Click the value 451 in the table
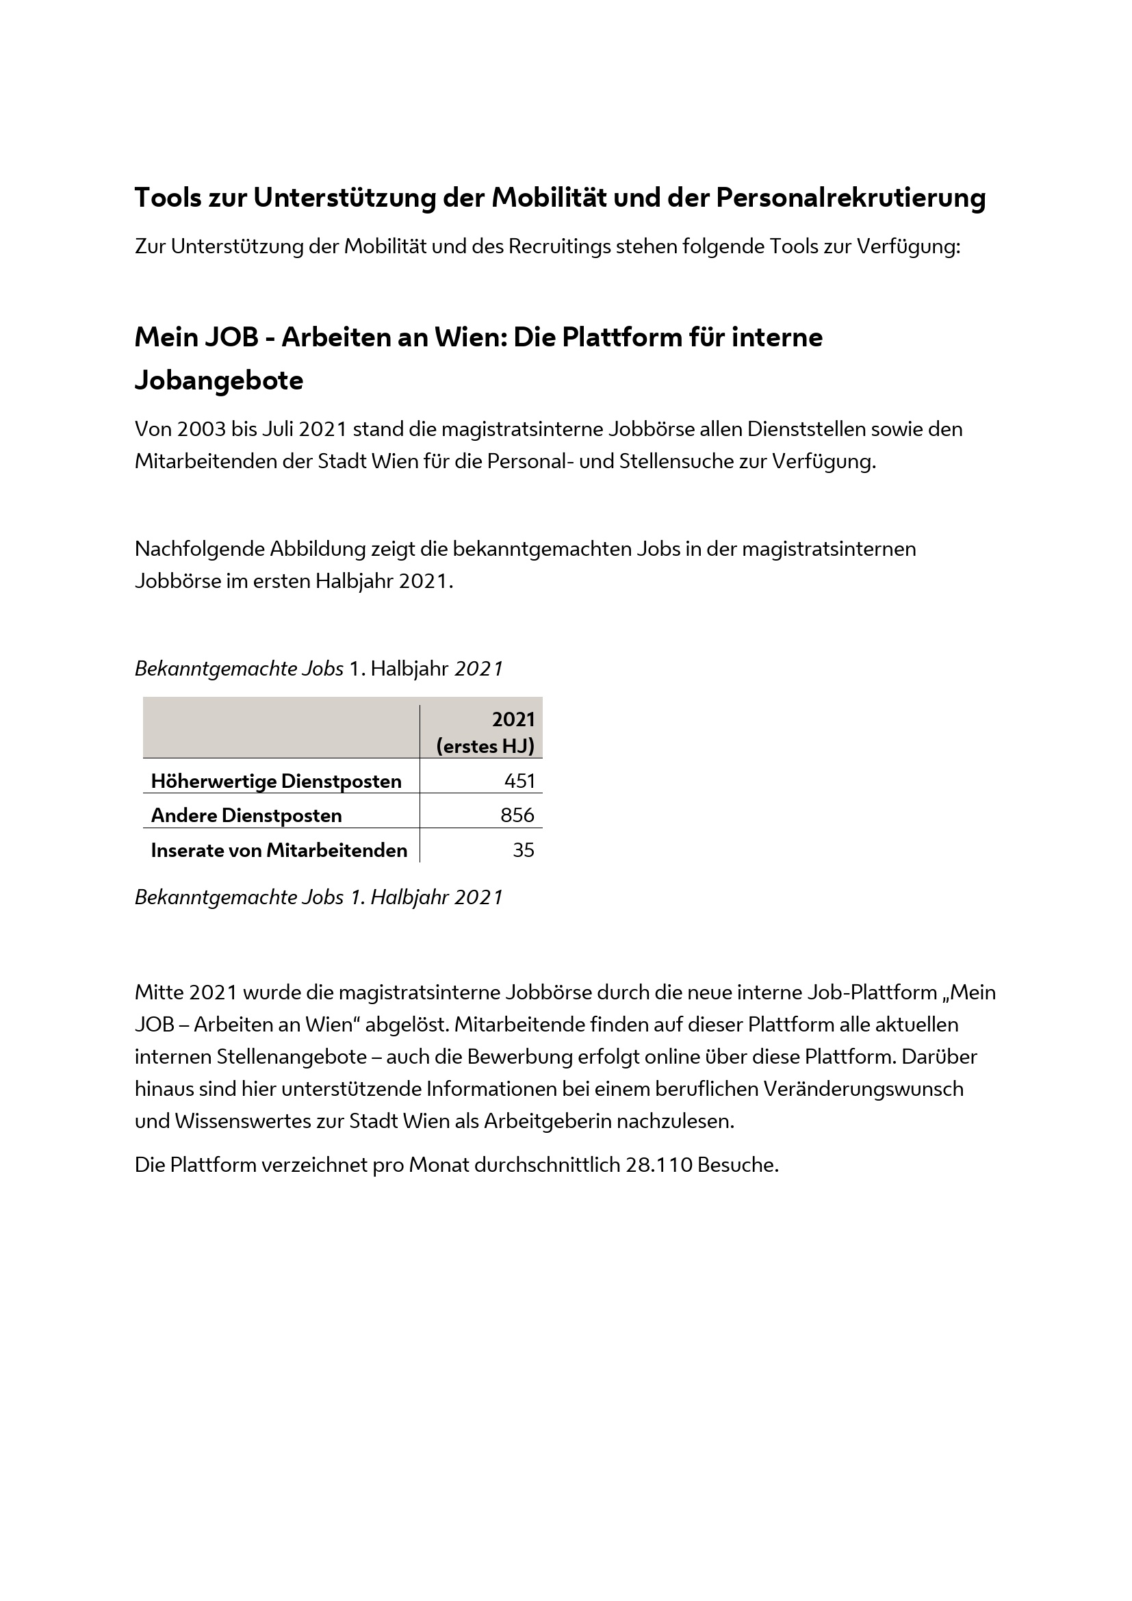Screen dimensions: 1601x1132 [519, 781]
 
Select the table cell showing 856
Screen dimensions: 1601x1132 [517, 815]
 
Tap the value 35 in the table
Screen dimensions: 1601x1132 [524, 850]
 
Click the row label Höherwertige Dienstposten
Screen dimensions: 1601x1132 [276, 781]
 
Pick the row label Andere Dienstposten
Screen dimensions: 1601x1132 [246, 815]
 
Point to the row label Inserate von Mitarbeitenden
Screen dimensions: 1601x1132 [279, 850]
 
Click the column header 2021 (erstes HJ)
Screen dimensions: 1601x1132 [486, 732]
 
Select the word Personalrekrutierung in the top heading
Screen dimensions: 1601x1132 [851, 197]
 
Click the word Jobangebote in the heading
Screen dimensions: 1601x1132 [219, 381]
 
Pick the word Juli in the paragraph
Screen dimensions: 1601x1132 [277, 429]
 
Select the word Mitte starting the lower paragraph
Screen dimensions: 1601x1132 [159, 992]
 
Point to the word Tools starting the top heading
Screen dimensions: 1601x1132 [167, 197]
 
